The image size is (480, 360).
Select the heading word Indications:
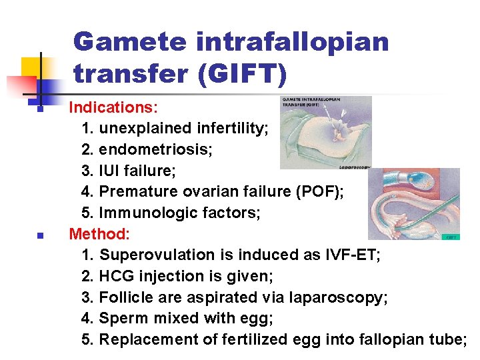[x=111, y=107]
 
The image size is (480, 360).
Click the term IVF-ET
[x=355, y=255]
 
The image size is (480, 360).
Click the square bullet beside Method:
[x=40, y=235]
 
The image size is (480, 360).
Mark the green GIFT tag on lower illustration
[x=451, y=235]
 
